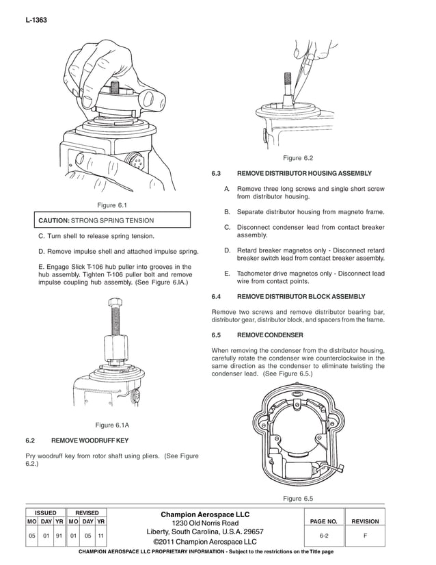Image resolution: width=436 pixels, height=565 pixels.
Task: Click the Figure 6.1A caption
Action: pyautogui.click(x=113, y=425)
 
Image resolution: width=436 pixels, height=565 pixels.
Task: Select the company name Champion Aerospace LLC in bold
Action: pyautogui.click(x=205, y=514)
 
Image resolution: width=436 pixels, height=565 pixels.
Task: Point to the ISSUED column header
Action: pyautogui.click(x=45, y=512)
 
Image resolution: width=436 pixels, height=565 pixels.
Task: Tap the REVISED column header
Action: pyautogui.click(x=86, y=512)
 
